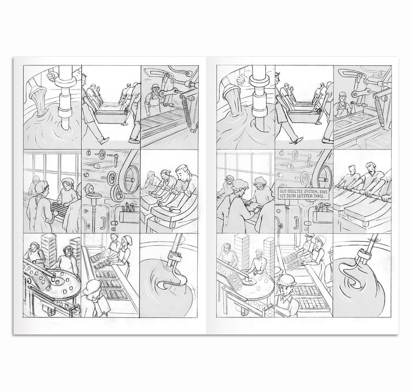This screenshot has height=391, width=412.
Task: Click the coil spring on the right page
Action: click(x=379, y=113)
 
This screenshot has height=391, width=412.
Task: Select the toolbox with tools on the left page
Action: click(x=129, y=214)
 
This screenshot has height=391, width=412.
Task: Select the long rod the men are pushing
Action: click(x=362, y=191)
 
